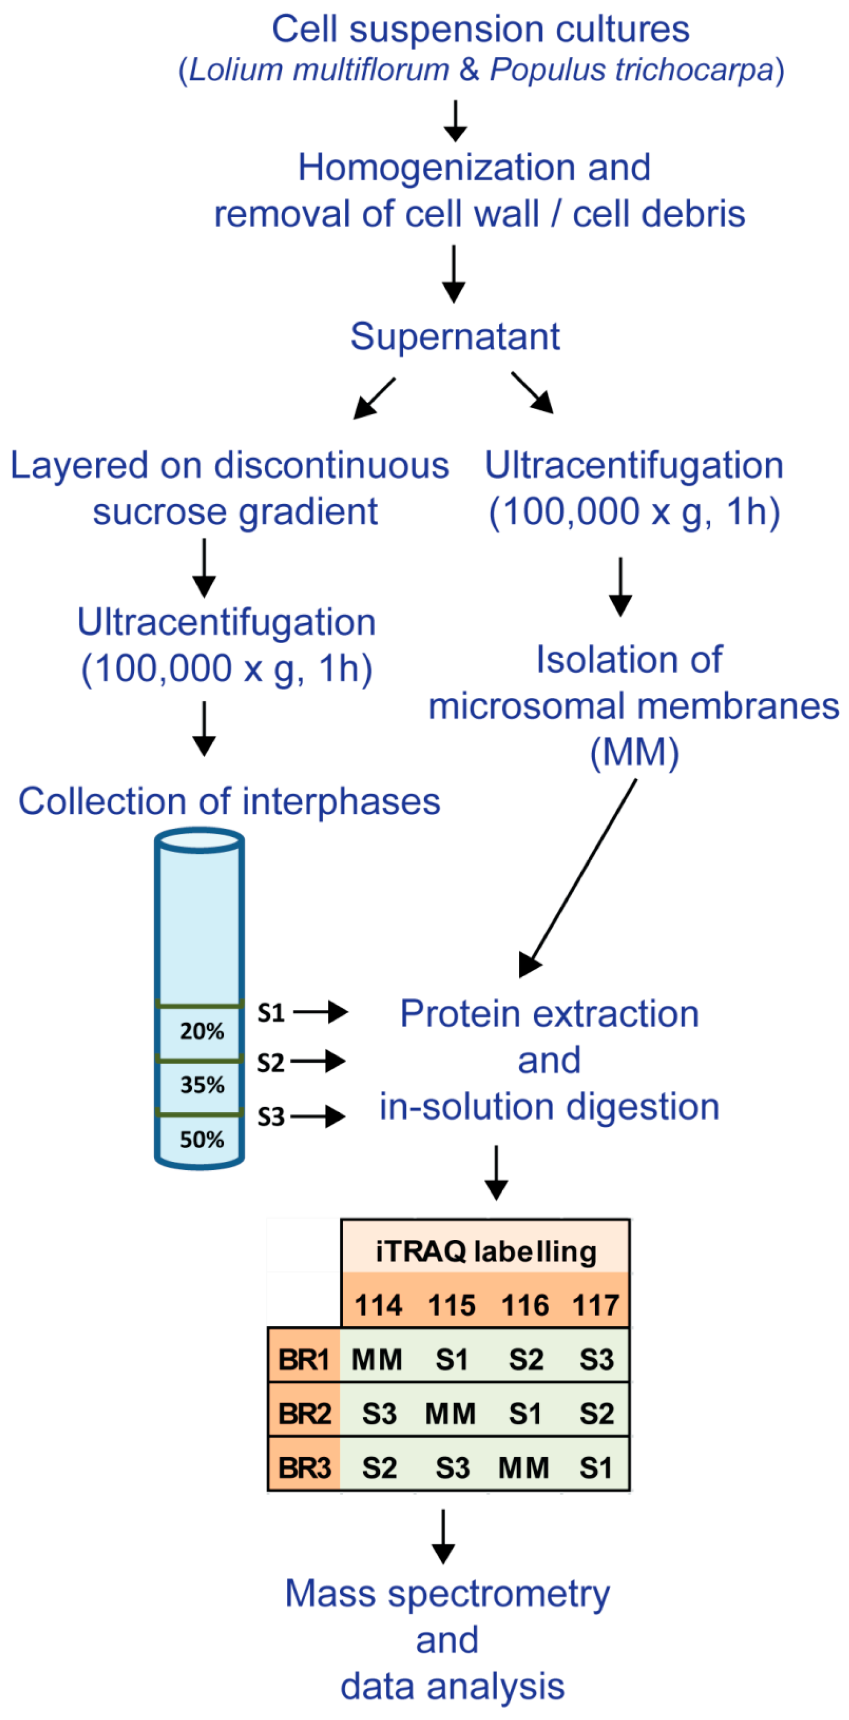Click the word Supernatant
click(x=455, y=336)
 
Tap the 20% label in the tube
click(x=201, y=1031)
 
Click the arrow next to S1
click(x=321, y=1012)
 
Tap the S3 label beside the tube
click(x=271, y=1116)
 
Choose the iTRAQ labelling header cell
click(x=485, y=1251)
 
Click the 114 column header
click(x=378, y=1305)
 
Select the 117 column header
click(x=595, y=1305)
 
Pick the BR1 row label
click(x=304, y=1359)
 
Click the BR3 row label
click(x=304, y=1468)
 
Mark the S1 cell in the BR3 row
click(x=595, y=1468)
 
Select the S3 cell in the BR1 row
click(x=595, y=1359)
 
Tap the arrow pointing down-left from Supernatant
click(x=374, y=398)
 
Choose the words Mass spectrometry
click(x=447, y=1594)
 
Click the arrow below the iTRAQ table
click(x=443, y=1536)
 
